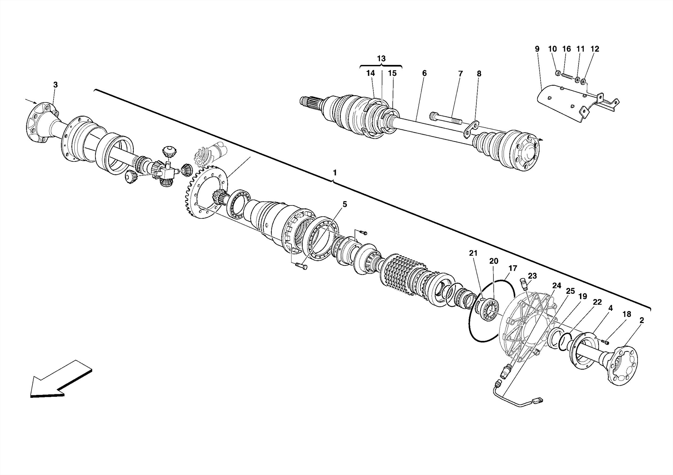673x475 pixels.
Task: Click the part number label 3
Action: (55, 85)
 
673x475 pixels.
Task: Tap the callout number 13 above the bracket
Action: (381, 59)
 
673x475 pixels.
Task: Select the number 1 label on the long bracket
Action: (335, 173)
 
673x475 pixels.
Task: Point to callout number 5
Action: (344, 205)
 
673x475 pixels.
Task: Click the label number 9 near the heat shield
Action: (537, 49)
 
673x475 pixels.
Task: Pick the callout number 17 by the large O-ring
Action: (513, 269)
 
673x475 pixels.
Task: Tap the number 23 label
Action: (532, 276)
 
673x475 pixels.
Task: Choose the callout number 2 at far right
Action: (641, 320)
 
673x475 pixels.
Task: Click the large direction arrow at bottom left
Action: (59, 380)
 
